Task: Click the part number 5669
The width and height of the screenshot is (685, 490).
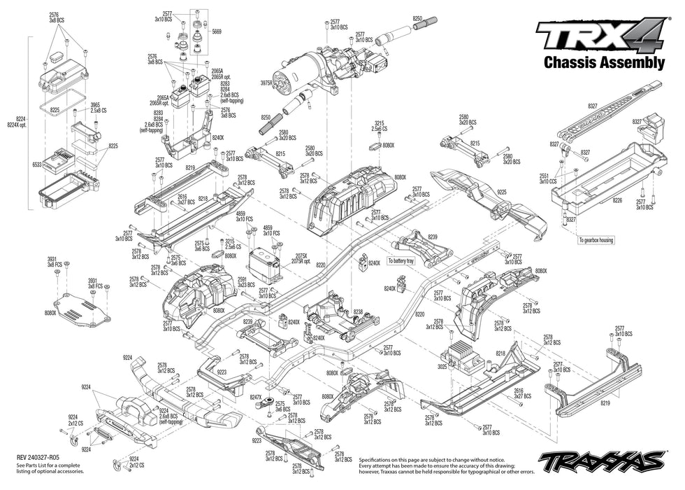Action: (x=217, y=31)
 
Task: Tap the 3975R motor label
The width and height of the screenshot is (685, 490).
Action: (x=265, y=83)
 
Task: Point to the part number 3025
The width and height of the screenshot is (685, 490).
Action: (x=442, y=366)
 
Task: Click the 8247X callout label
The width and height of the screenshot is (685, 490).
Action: (x=257, y=397)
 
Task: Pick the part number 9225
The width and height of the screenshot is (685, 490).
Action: (x=502, y=191)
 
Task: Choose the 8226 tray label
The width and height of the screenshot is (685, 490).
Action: (x=616, y=200)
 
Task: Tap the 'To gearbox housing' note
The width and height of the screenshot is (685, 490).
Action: (x=596, y=240)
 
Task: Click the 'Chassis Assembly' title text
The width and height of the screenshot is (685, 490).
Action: (x=604, y=63)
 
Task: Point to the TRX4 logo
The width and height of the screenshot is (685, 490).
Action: (x=600, y=34)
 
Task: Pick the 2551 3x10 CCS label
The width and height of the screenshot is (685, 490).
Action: (x=547, y=178)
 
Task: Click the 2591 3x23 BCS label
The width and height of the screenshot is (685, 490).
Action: (x=246, y=282)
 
